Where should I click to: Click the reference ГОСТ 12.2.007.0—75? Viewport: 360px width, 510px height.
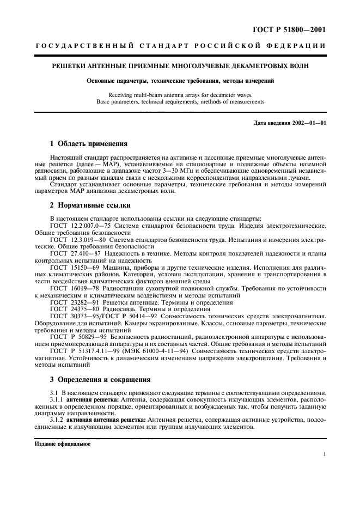81,226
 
